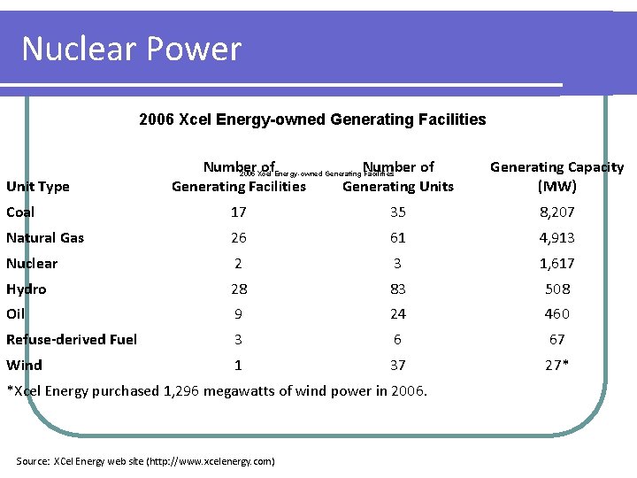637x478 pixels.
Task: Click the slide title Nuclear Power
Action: pos(131,48)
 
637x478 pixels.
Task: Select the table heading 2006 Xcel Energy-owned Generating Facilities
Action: pos(312,119)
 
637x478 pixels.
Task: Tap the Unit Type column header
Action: pos(37,186)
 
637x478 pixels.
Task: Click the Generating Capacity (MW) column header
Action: pos(556,176)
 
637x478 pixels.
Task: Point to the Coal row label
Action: pos(20,212)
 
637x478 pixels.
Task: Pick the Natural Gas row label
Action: pos(45,237)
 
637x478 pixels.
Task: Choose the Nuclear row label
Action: pos(32,263)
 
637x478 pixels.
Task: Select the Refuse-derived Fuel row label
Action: pos(72,339)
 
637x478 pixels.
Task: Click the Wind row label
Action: pos(24,365)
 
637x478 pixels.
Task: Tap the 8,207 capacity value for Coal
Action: pos(557,212)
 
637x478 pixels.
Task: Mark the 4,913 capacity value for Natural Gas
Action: pos(557,237)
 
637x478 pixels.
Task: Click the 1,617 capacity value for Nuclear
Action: pos(557,263)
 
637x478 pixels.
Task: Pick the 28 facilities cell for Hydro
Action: pos(238,289)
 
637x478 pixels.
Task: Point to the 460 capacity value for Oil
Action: pos(557,313)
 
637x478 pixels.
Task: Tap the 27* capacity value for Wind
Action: pos(557,365)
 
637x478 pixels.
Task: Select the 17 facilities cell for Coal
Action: pos(238,212)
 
